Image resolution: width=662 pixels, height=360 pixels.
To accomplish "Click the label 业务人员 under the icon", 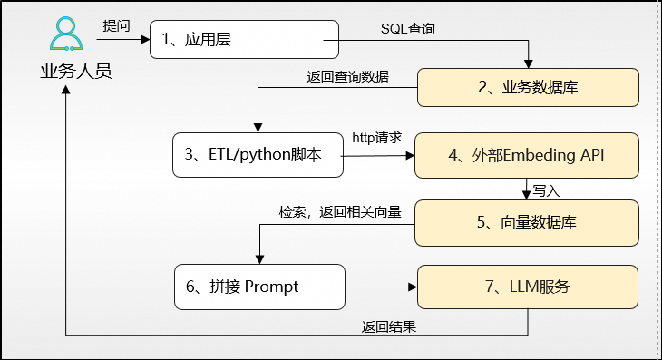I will click(x=76, y=72).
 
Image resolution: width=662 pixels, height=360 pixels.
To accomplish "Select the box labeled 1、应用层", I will click(x=243, y=40).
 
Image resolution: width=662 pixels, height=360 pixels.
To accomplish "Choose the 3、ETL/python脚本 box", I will click(x=258, y=155).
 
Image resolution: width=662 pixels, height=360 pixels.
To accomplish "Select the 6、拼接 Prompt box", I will click(x=260, y=287).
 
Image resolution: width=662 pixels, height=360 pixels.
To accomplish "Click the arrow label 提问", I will click(x=116, y=25).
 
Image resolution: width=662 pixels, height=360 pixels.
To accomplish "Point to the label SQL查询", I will click(x=408, y=29).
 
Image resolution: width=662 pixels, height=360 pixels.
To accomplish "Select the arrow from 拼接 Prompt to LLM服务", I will click(x=381, y=288).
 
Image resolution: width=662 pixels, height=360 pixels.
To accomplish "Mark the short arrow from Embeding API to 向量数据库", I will click(x=527, y=189).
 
